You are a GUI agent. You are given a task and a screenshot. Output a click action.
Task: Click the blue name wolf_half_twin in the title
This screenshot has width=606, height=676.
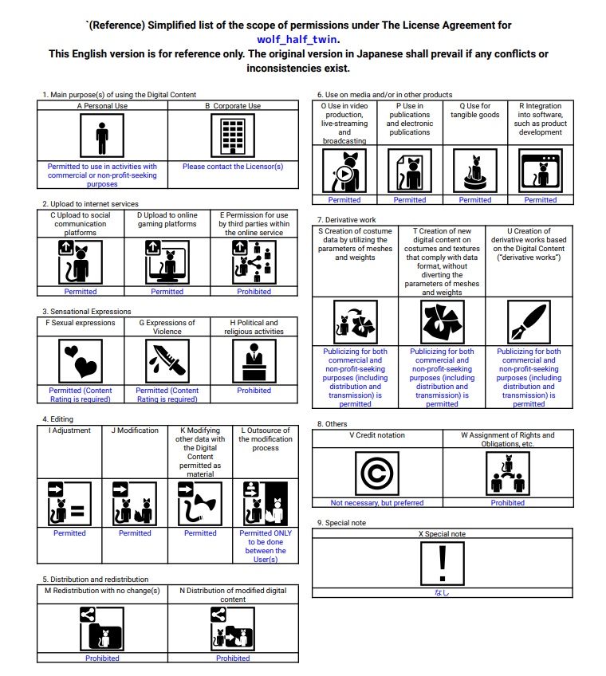point(298,38)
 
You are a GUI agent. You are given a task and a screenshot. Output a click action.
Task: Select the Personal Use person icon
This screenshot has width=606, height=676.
point(102,136)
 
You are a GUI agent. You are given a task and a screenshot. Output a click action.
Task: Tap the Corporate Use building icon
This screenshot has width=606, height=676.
point(233,136)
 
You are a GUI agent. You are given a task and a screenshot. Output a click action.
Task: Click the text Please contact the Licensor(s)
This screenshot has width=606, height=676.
point(233,167)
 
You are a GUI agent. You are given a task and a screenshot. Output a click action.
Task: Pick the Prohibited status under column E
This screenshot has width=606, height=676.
point(254,292)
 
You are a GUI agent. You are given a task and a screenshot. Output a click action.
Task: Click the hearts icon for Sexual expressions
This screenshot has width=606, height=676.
point(81,360)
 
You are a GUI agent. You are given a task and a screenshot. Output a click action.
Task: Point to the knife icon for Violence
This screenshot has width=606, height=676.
point(167,360)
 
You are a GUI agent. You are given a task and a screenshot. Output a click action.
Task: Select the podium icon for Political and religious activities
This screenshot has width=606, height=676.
point(254,360)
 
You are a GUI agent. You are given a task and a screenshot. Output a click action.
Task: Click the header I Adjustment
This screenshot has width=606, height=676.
point(70,430)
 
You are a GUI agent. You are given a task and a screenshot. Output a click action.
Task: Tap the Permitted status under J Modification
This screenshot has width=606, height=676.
point(135,533)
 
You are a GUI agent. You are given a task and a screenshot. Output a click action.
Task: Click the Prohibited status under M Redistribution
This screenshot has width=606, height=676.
point(102,658)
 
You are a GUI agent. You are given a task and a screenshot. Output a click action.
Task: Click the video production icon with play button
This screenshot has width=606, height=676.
point(344,171)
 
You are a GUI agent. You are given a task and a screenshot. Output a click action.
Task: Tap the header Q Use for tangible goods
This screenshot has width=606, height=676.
point(475,110)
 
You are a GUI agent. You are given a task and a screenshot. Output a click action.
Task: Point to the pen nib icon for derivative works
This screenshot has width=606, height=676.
point(529,322)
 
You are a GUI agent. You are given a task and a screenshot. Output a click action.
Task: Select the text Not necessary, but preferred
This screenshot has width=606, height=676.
point(377,503)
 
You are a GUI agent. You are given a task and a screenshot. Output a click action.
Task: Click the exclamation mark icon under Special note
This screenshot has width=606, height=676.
point(442,564)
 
